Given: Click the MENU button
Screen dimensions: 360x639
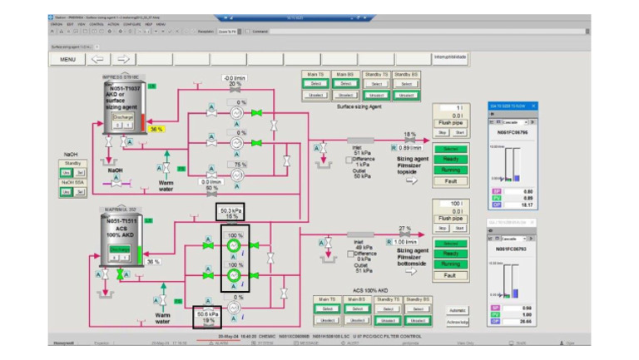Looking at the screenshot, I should tap(67, 60).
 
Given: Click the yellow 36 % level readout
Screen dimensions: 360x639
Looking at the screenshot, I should tap(156, 129).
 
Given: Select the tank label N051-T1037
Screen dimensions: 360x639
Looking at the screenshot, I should tap(121, 87).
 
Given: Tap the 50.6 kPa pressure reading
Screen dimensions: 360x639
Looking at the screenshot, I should tap(208, 313).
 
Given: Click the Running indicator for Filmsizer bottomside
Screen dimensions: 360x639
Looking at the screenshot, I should tap(450, 264).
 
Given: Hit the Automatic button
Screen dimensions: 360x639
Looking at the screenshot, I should tap(458, 310).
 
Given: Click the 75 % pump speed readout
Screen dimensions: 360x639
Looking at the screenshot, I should tap(240, 165).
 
